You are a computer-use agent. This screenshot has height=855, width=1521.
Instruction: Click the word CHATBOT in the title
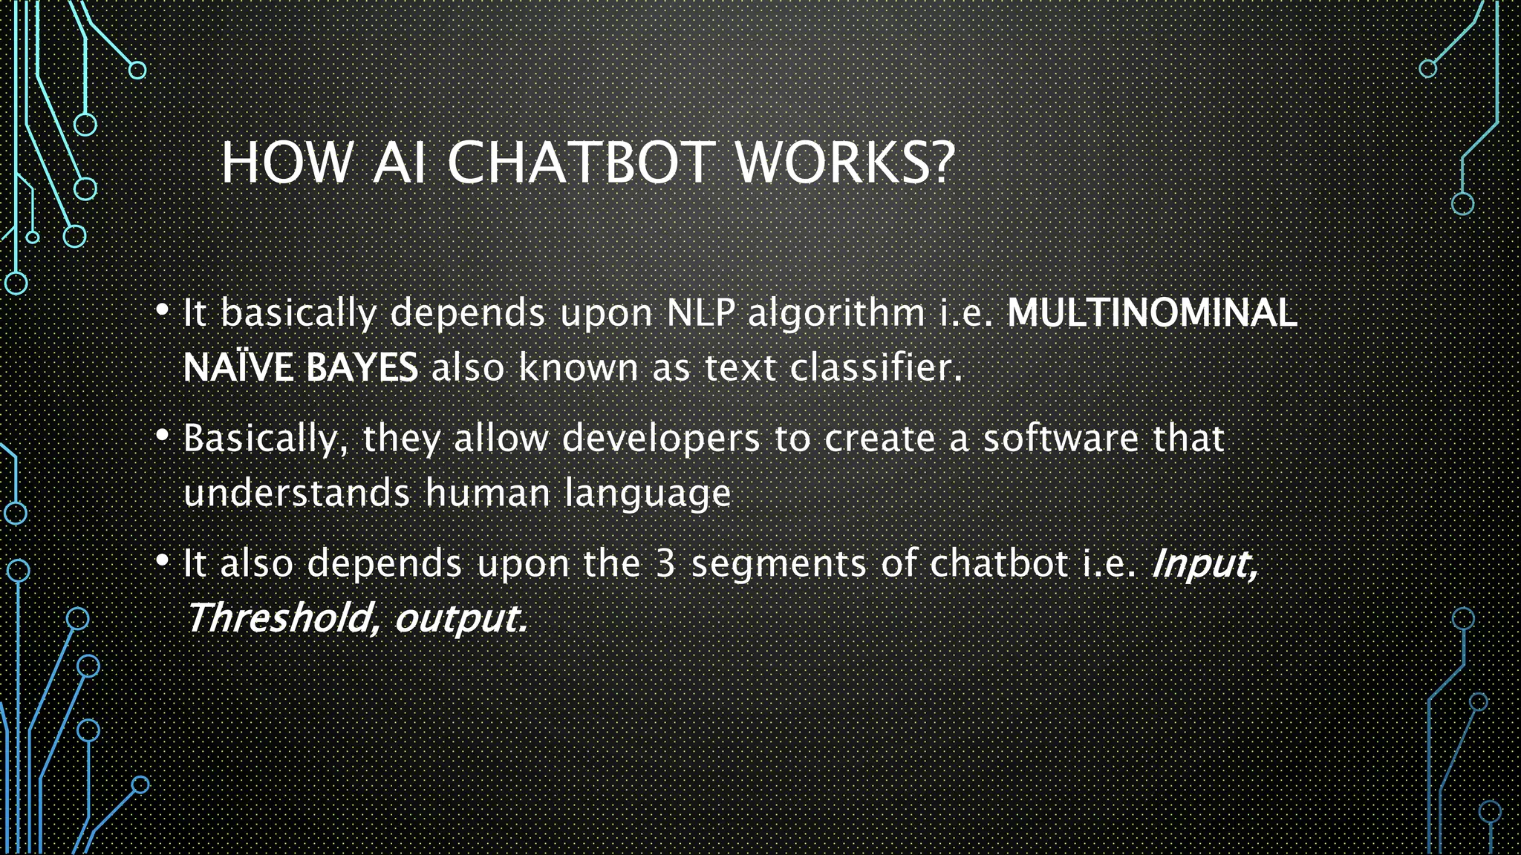[580, 163]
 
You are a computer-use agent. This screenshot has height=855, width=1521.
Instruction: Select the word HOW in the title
[286, 163]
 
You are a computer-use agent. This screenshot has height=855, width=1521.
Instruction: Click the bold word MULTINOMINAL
[1152, 312]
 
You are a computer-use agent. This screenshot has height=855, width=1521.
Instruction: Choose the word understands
[296, 493]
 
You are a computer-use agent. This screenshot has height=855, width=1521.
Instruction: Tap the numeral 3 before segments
[665, 563]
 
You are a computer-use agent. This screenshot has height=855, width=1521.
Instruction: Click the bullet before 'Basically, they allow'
[163, 436]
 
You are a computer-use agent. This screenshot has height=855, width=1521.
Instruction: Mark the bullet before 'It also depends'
[163, 561]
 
